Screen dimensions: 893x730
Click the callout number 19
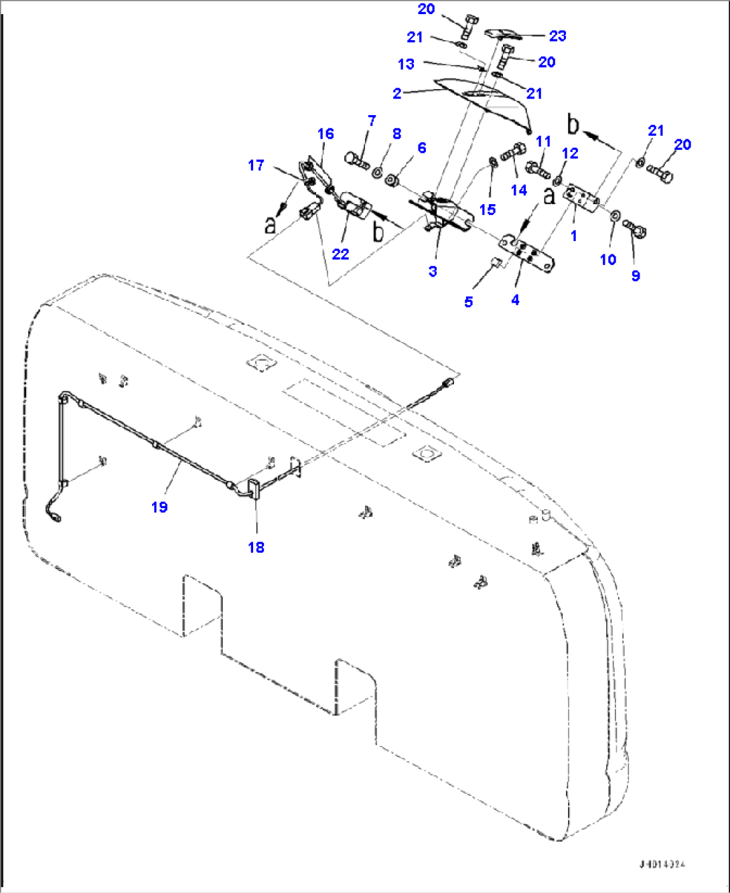159,507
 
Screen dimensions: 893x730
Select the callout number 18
256,548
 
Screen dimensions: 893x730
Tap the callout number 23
557,35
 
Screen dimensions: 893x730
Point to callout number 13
406,64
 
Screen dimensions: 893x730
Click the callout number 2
397,94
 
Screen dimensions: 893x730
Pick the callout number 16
325,134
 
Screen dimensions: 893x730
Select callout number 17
256,165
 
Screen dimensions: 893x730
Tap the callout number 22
340,254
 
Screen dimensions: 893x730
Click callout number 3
433,271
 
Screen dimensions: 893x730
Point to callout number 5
468,302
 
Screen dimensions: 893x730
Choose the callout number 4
515,301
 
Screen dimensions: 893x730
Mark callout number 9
636,276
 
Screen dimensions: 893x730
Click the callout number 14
519,190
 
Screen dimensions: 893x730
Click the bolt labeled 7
356,161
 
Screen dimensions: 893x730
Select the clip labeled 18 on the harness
254,489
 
